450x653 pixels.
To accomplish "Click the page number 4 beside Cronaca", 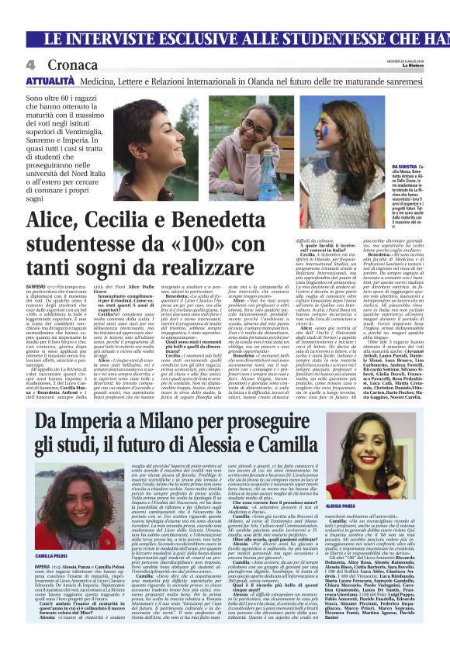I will pyautogui.click(x=31, y=64).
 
